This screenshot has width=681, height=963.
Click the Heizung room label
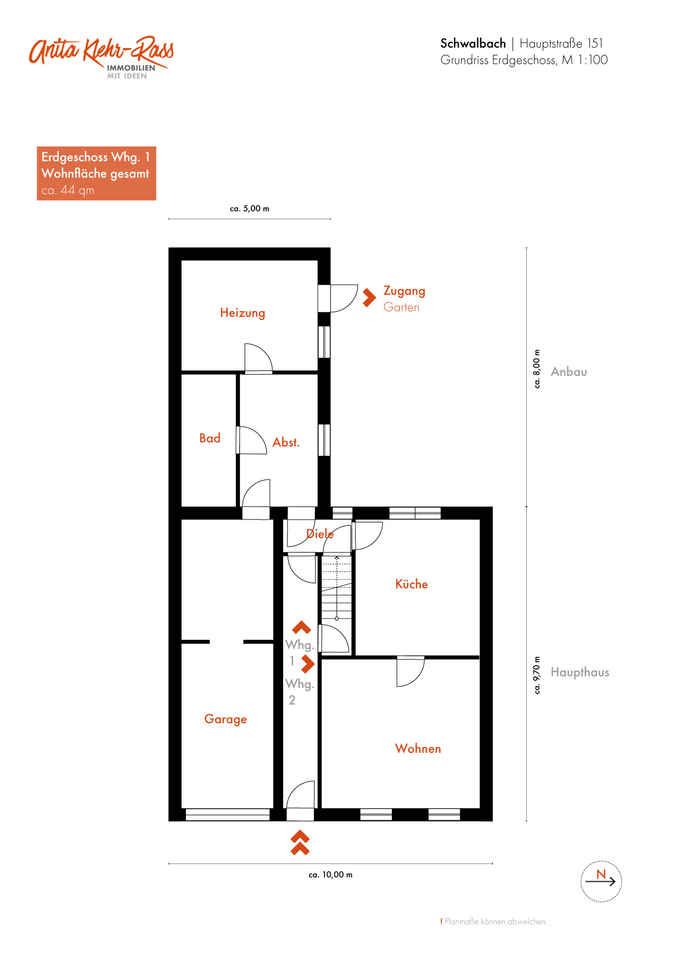pos(243,313)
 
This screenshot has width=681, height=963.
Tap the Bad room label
pos(210,438)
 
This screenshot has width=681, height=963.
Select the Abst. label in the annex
pos(286,442)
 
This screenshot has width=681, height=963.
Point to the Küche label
pos(412,584)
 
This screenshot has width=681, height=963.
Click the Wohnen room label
pos(418,748)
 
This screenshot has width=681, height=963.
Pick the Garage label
pos(226,719)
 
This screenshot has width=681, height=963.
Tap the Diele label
pos(320,533)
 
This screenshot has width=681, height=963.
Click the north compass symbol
pos(601,881)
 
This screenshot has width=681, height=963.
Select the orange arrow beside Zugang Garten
pos(369,297)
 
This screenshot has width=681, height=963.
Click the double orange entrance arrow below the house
pos(300,843)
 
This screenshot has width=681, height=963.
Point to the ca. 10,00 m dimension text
pos(330,875)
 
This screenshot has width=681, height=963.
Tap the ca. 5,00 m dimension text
pos(250,209)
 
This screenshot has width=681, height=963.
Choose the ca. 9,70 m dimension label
pos(537,675)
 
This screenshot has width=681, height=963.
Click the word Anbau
pos(569,371)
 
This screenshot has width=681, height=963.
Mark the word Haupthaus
pos(580,672)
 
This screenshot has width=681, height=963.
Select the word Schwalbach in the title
pos(473,43)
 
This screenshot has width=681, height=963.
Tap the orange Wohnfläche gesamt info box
pos(97,173)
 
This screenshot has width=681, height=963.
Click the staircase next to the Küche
pos(336,588)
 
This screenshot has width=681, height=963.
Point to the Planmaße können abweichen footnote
pos(494,921)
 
